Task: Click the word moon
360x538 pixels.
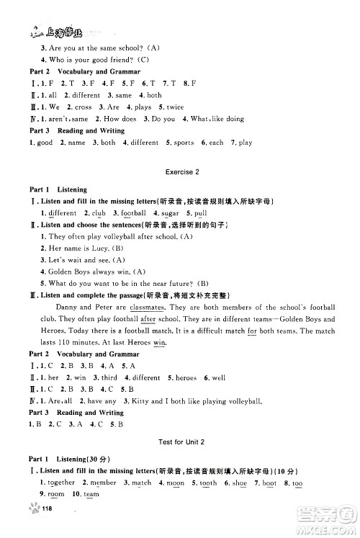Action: tap(175, 482)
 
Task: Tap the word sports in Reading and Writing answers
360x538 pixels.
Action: tap(184, 143)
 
